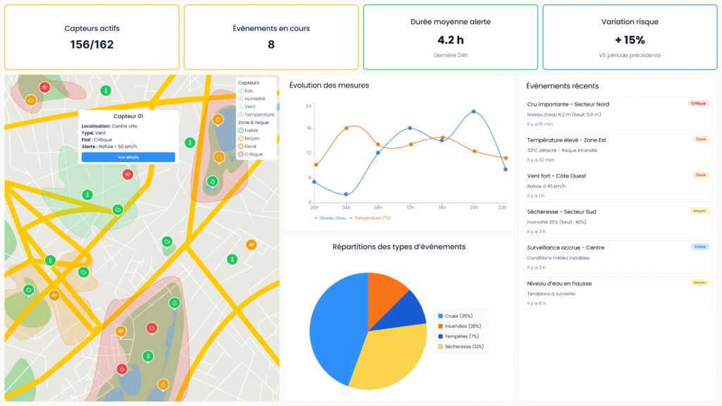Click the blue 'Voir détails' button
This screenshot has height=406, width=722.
(x=128, y=157)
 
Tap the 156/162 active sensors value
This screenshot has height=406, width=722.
(x=92, y=44)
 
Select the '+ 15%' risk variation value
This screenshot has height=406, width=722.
(x=630, y=40)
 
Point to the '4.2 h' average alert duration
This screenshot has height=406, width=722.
(x=451, y=40)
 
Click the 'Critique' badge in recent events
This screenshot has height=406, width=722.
(x=698, y=104)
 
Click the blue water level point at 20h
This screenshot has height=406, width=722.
(x=474, y=111)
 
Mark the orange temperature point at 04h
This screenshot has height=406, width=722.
(x=346, y=128)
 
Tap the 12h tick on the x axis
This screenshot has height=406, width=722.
(x=410, y=207)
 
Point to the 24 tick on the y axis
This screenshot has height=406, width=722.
(x=308, y=106)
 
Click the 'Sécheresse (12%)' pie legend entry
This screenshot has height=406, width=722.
(x=463, y=346)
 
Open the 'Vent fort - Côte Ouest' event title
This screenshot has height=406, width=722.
(x=556, y=176)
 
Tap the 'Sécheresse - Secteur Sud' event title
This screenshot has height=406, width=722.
(x=561, y=211)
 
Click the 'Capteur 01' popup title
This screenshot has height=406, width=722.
(x=128, y=116)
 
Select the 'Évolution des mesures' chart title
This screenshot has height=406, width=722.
(x=329, y=85)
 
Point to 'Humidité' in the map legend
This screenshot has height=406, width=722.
(x=256, y=99)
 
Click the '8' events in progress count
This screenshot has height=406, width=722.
(x=271, y=44)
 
